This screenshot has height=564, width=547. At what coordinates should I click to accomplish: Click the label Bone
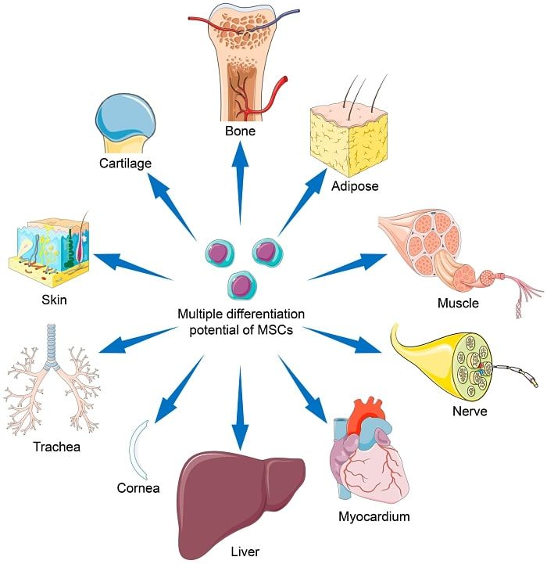[241, 131]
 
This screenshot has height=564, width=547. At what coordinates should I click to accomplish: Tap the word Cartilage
[125, 163]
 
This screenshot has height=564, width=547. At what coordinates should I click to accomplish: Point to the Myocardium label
[374, 516]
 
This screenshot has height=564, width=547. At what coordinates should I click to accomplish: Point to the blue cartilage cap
[125, 117]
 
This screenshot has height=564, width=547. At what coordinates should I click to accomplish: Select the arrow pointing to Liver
[240, 407]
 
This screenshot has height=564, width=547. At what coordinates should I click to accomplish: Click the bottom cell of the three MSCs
[241, 284]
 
